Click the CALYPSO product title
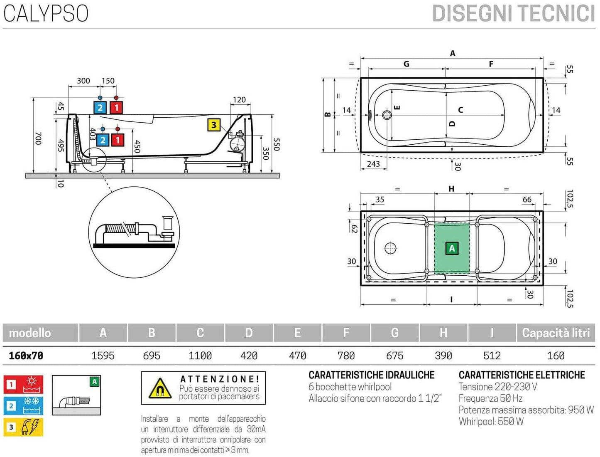(46, 13)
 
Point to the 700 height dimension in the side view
(38, 138)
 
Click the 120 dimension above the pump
(239, 100)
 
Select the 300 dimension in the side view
(83, 81)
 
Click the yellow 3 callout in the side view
(214, 125)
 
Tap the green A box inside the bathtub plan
(452, 248)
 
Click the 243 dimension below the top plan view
(373, 164)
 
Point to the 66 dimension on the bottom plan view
(527, 200)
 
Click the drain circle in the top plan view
(387, 115)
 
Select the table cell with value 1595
(103, 356)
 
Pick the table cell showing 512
(492, 356)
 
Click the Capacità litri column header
(556, 333)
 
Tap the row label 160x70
(26, 356)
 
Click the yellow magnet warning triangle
(160, 389)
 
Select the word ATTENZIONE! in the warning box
(220, 379)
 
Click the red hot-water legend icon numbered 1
(23, 384)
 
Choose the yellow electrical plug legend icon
(23, 427)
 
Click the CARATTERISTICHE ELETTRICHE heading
(522, 375)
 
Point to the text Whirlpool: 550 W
(491, 422)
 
